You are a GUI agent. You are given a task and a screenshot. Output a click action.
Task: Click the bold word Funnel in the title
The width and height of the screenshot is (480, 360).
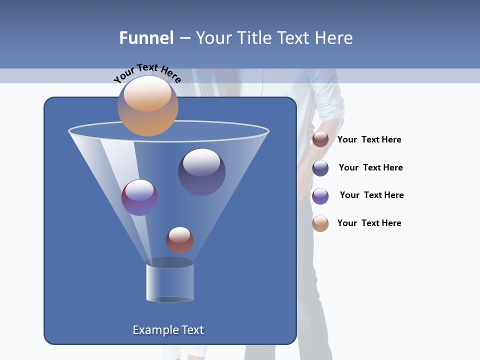146,38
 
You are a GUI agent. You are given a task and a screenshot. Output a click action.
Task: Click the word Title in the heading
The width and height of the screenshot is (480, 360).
254,38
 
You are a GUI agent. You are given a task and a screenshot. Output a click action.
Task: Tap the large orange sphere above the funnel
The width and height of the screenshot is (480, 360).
148,106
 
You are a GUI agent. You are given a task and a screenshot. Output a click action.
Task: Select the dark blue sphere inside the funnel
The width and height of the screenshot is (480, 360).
202,171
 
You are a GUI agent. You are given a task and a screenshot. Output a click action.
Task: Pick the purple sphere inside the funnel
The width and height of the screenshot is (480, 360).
139,197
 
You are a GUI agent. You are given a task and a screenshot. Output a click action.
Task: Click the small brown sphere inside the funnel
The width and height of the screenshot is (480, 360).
179,240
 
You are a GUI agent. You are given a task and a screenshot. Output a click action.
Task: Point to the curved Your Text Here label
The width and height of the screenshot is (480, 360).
147,73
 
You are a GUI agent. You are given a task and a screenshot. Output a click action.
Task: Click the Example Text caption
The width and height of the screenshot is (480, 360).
168,330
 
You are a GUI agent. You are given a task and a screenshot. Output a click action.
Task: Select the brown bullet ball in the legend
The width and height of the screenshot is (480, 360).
320,139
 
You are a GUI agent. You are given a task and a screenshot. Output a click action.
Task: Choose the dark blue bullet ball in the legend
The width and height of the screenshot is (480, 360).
320,168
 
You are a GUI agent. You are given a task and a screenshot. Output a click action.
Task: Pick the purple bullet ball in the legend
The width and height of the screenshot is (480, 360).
320,196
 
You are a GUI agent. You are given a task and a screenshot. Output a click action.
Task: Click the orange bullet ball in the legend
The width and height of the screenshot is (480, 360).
320,223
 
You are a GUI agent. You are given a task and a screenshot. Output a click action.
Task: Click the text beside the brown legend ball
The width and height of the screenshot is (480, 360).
369,140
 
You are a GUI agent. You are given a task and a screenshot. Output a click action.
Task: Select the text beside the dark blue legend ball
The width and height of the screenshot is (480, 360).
370,168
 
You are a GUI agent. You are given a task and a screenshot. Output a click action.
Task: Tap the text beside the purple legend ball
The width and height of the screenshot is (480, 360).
371,195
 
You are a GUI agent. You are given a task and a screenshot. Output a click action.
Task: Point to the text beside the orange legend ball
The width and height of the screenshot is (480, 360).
369,223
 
